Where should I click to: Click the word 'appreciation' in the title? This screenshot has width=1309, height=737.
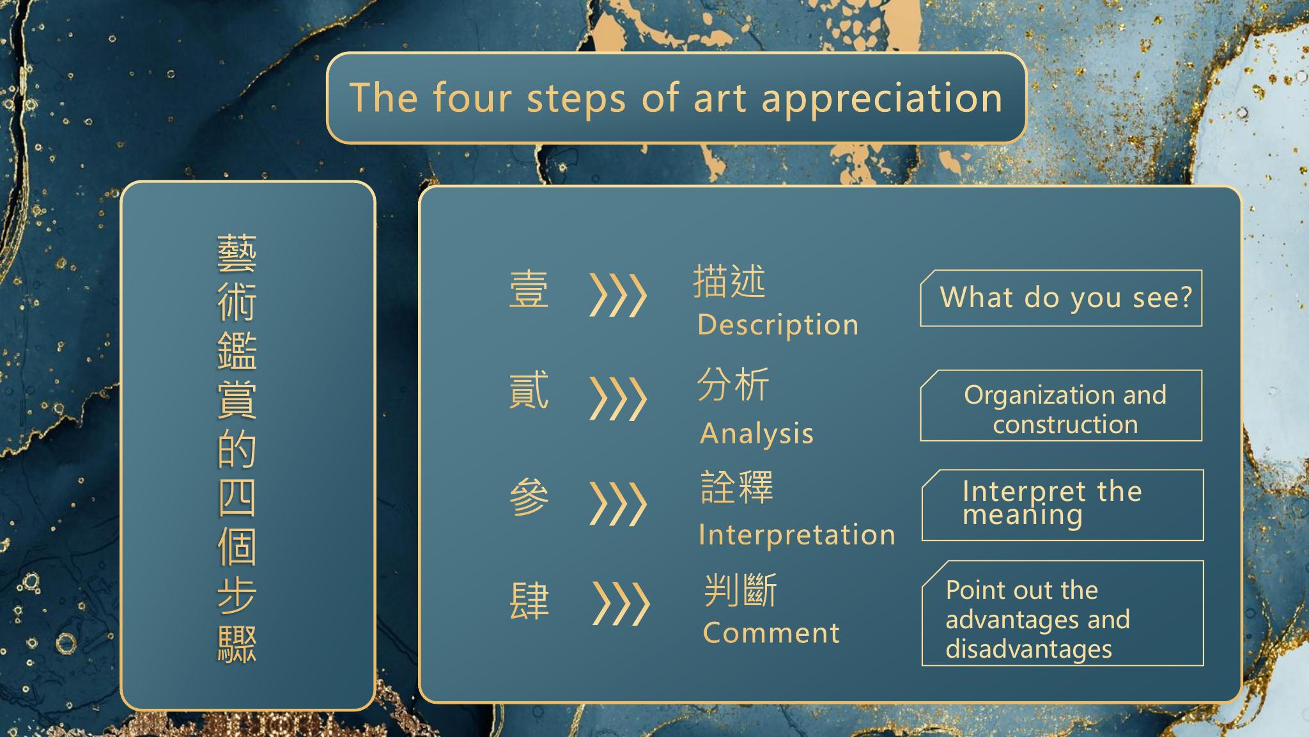pyautogui.click(x=882, y=100)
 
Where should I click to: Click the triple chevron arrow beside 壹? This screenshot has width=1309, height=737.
pyautogui.click(x=617, y=296)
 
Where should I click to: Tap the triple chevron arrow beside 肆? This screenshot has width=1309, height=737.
pyautogui.click(x=621, y=603)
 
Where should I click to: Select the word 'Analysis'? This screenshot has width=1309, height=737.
pyautogui.click(x=757, y=434)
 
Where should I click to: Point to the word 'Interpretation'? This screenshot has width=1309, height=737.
pyautogui.click(x=797, y=535)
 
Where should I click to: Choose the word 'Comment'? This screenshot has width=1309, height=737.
pyautogui.click(x=771, y=633)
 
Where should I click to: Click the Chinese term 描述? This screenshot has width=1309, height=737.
pyautogui.click(x=729, y=281)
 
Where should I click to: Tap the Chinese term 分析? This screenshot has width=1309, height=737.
pyautogui.click(x=733, y=384)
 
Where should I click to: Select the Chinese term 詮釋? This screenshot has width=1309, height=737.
pyautogui.click(x=737, y=487)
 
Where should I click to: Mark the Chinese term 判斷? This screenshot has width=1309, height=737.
pyautogui.click(x=741, y=590)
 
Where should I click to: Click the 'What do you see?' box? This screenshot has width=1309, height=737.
pyautogui.click(x=1061, y=298)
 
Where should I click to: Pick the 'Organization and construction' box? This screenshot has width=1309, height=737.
pyautogui.click(x=1061, y=406)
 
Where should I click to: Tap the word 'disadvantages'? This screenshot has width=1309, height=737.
pyautogui.click(x=1029, y=649)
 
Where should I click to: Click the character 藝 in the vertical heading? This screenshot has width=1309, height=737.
pyautogui.click(x=237, y=254)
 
